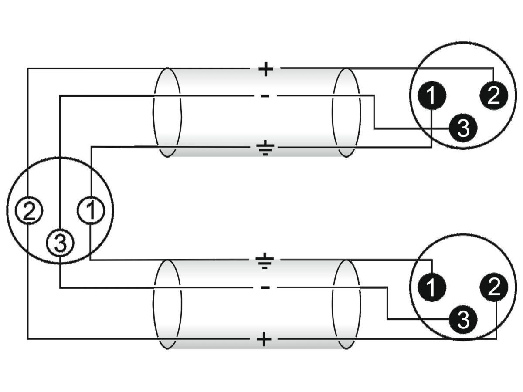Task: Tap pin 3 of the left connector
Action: click(x=60, y=243)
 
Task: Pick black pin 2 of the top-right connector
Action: click(x=493, y=96)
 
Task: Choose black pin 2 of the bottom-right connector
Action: click(x=493, y=287)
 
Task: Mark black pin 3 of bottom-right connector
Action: click(x=463, y=320)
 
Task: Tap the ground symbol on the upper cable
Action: click(x=265, y=148)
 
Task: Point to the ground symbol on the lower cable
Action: click(x=265, y=261)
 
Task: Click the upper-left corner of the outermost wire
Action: click(x=28, y=68)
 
